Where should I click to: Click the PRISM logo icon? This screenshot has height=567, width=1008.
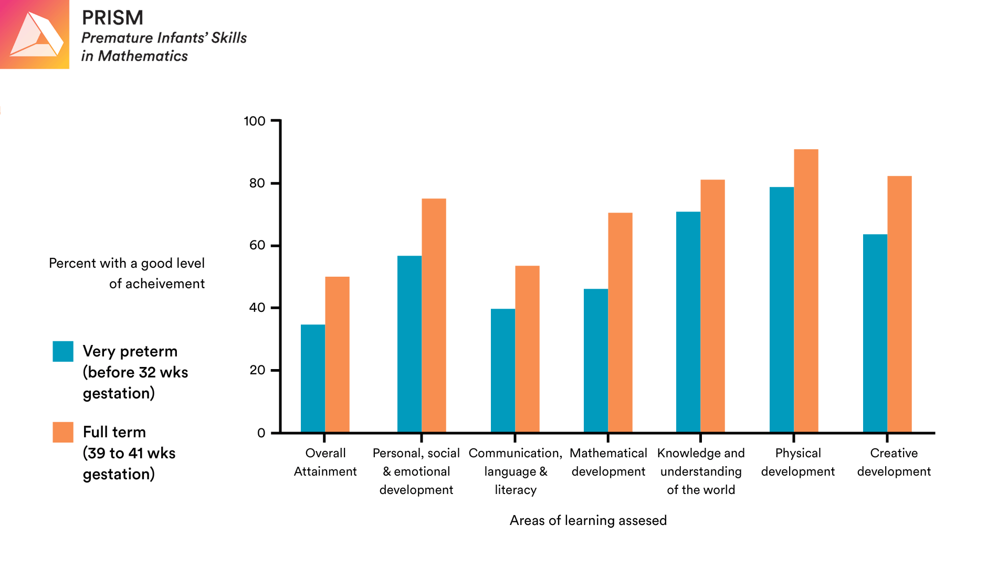(x=35, y=35)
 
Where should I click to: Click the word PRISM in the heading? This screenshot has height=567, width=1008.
(x=112, y=18)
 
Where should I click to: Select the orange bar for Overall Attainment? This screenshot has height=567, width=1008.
(x=337, y=354)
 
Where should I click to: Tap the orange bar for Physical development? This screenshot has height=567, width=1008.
(x=806, y=291)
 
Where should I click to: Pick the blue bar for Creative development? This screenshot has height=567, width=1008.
(x=875, y=333)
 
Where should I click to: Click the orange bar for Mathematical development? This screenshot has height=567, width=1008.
(x=620, y=322)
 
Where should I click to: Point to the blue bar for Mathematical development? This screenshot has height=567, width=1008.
(x=596, y=361)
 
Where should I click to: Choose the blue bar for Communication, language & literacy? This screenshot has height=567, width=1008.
(x=503, y=371)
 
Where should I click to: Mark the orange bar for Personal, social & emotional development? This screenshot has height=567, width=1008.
(x=434, y=315)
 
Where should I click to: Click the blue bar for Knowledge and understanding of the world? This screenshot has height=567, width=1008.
(x=688, y=322)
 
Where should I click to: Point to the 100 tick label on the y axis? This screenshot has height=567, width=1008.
(x=255, y=121)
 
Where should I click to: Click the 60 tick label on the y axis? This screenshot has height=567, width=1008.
(x=257, y=245)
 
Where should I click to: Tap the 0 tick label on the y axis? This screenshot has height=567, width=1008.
(x=261, y=433)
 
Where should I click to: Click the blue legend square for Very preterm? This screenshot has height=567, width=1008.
(x=63, y=351)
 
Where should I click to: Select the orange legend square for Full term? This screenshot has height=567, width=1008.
(x=63, y=432)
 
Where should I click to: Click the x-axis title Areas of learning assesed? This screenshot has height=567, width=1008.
(x=588, y=520)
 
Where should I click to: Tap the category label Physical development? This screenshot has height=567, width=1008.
(x=797, y=462)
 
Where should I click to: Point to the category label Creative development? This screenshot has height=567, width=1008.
(x=894, y=462)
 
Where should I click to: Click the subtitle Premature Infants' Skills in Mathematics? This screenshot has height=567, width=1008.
(x=163, y=47)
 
